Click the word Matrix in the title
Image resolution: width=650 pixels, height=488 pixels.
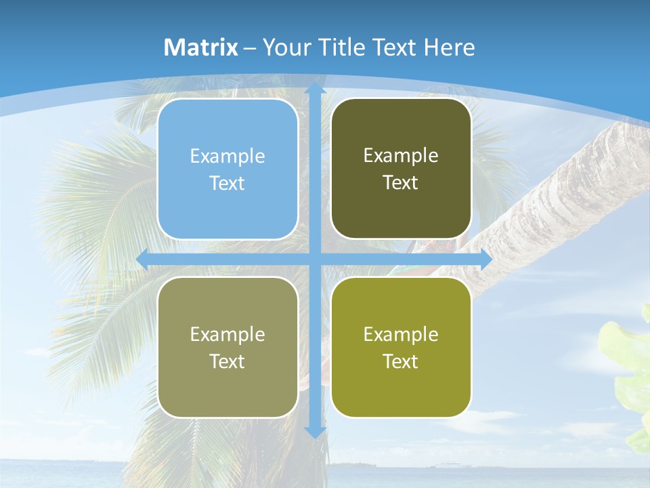click(x=201, y=47)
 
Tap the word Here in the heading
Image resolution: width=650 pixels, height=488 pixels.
click(x=449, y=47)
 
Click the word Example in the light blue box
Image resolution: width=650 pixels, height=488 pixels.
click(x=227, y=157)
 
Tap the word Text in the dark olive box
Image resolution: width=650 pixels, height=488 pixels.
click(x=401, y=183)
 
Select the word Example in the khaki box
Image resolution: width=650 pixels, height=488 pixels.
click(x=227, y=335)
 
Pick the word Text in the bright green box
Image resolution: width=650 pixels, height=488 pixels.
click(x=401, y=361)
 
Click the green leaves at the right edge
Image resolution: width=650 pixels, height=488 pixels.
click(x=630, y=366)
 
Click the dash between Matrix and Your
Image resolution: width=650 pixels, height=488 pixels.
click(x=250, y=48)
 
